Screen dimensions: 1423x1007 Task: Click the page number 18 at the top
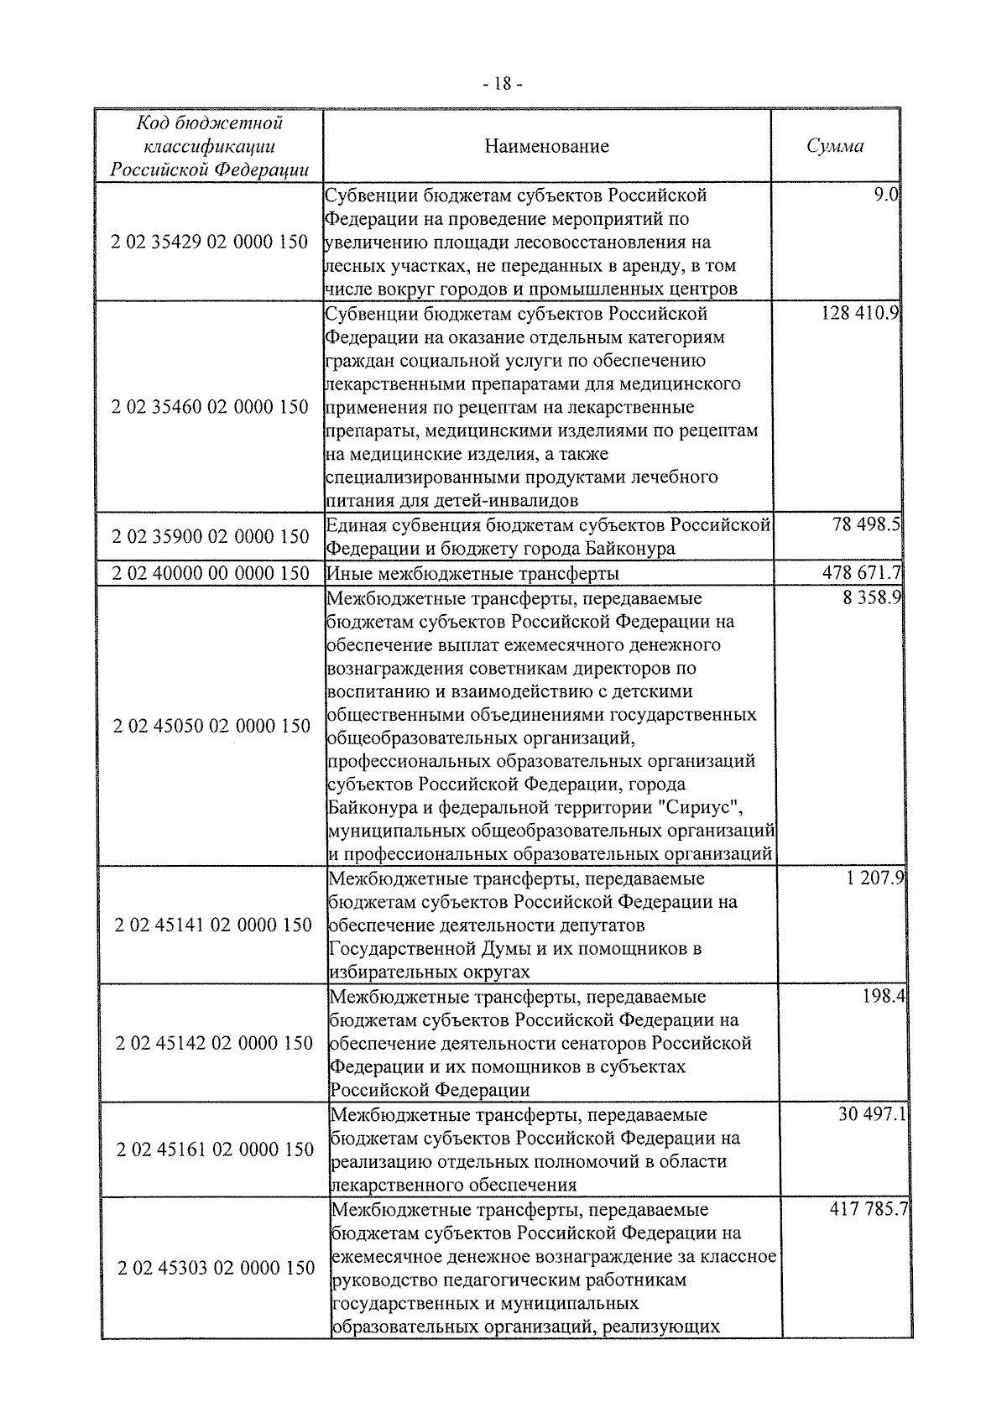[503, 84]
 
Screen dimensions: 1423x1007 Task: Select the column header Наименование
[546, 147]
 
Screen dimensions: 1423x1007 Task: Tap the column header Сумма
[835, 146]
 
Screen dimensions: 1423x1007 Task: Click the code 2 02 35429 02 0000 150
[210, 242]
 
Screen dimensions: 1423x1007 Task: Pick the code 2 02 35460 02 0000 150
[210, 408]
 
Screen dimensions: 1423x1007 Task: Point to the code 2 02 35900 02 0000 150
[210, 537]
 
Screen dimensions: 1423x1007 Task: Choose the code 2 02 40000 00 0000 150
[210, 574]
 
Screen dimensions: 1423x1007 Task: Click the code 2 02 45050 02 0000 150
[211, 727]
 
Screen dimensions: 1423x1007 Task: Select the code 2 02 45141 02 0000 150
[213, 925]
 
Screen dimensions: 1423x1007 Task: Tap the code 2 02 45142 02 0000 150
[215, 1044]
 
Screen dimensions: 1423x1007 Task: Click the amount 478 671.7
[861, 574]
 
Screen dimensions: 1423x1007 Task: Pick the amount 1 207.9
[874, 880]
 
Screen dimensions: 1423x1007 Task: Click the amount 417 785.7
[869, 1211]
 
